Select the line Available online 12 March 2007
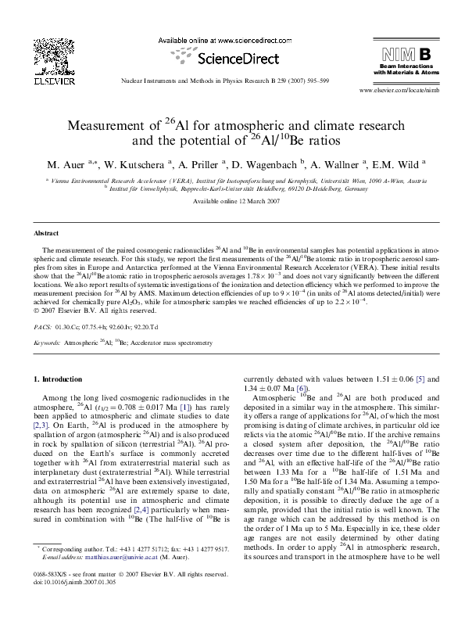[x=232, y=202]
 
